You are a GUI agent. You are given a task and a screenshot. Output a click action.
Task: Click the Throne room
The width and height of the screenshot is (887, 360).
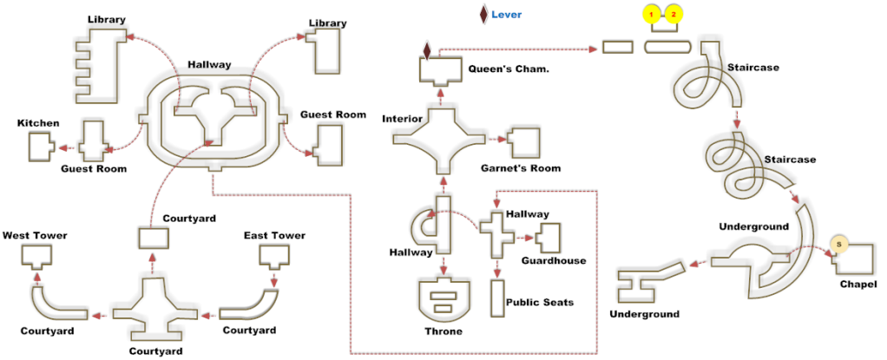tap(444, 298)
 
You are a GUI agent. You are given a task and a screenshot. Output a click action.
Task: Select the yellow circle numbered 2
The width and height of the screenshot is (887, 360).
tap(673, 14)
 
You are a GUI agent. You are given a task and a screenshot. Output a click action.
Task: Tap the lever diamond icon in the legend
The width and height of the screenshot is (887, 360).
tap(482, 14)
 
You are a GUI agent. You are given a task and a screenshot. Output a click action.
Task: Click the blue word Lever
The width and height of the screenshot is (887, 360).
tap(507, 15)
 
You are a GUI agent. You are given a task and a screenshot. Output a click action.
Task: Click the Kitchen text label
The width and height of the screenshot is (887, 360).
tap(38, 123)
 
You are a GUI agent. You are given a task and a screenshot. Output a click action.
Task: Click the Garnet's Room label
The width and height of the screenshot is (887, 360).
tap(521, 167)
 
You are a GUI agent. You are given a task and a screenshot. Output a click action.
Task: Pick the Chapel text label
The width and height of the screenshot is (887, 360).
tap(857, 285)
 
